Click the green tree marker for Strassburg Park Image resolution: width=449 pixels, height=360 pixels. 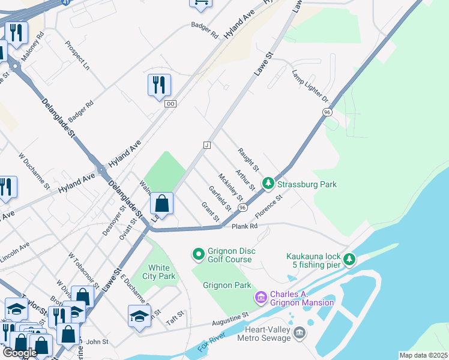point(269,184)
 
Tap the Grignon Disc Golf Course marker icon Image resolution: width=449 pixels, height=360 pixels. point(199,255)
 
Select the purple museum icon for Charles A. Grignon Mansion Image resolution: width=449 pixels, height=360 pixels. point(261,297)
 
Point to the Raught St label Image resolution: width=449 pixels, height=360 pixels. point(247,159)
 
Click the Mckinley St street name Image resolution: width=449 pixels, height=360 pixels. point(231,187)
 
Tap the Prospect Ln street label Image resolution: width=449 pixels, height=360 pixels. point(77,54)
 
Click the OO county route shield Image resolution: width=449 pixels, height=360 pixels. point(170,104)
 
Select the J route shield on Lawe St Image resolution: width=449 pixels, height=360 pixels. point(206,145)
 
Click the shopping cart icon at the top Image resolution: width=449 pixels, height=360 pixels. point(200,3)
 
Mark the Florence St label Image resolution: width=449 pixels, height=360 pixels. point(268,206)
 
